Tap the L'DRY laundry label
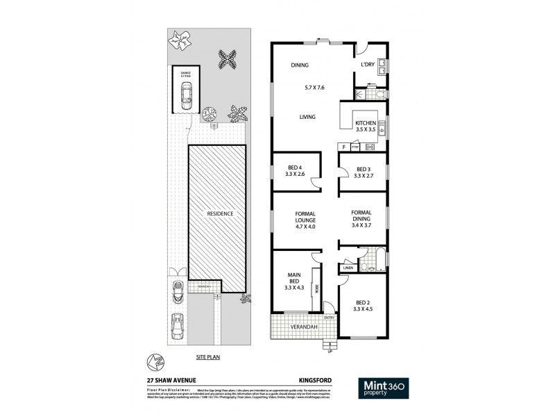click(x=368, y=65)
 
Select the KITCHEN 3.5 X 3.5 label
click(x=366, y=126)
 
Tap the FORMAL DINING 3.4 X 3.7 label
click(x=361, y=220)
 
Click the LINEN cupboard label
click(x=348, y=268)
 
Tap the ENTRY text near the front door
click(x=328, y=318)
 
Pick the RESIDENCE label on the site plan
click(x=219, y=213)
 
